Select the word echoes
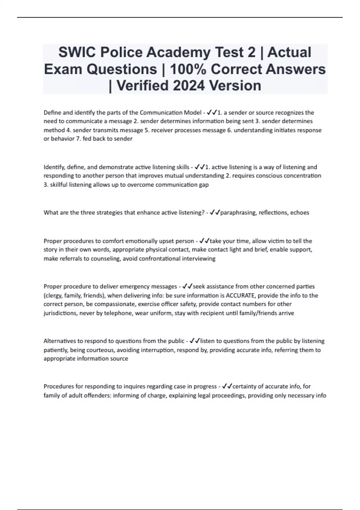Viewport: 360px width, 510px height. click(299, 213)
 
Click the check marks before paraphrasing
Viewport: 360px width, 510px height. click(215, 213)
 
